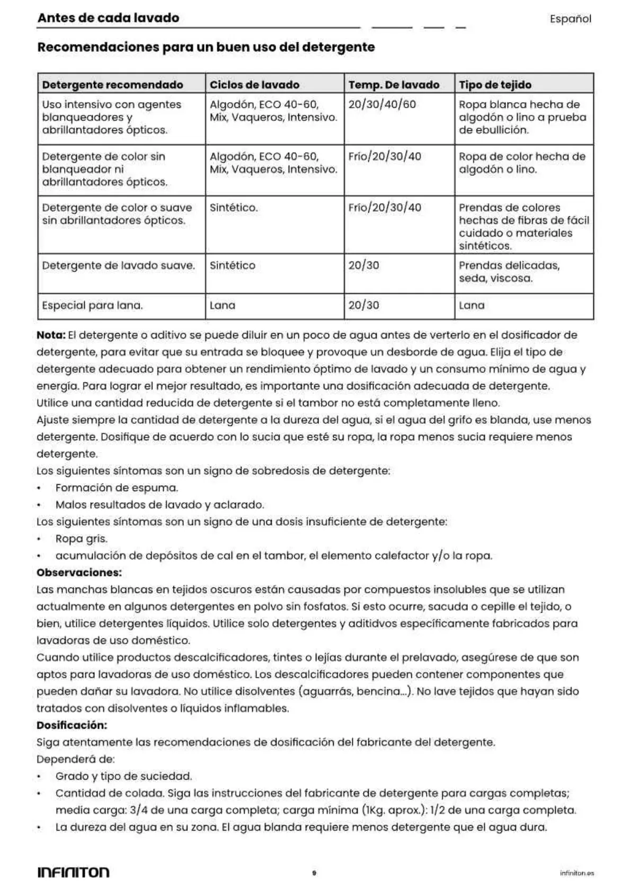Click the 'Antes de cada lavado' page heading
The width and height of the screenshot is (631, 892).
(x=108, y=18)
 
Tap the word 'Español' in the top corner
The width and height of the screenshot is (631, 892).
(x=570, y=19)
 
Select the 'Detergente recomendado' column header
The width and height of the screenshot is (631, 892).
(x=112, y=85)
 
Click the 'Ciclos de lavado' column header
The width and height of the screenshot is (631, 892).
(x=254, y=85)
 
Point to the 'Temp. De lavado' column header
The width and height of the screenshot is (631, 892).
(x=394, y=85)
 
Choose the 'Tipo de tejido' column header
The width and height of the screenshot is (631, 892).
(x=495, y=85)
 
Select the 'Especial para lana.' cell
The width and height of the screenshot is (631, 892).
(x=92, y=306)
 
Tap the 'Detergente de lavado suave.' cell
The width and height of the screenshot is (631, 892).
(x=118, y=266)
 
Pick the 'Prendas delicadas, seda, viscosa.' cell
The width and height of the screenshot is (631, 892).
(x=509, y=272)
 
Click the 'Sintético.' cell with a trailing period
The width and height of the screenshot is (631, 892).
(x=234, y=208)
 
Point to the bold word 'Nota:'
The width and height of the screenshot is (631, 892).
(x=51, y=335)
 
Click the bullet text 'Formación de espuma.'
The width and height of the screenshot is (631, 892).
(x=117, y=488)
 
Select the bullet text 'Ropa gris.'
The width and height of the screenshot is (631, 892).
(x=81, y=539)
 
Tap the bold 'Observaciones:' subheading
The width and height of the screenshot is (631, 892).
(x=79, y=573)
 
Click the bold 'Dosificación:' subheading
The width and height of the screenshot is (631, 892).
(x=72, y=725)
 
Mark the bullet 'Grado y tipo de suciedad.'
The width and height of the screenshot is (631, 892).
(x=123, y=777)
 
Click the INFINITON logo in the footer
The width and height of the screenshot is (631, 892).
(x=73, y=872)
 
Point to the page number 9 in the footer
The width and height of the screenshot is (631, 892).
(x=314, y=873)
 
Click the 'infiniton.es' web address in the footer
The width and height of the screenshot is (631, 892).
(x=576, y=873)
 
